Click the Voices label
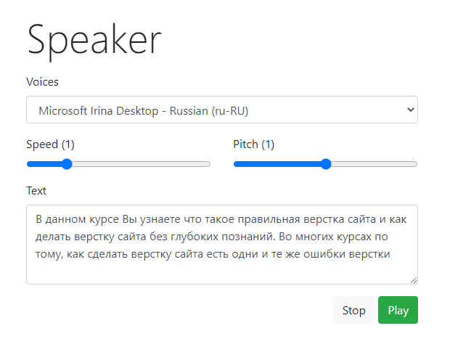point(42,81)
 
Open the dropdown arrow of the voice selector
point(410,110)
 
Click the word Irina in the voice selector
point(105,110)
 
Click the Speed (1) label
point(50,144)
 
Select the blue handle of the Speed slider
point(67,164)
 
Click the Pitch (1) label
point(253,144)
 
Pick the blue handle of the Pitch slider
point(326,164)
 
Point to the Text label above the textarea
point(36,190)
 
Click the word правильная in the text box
point(239,218)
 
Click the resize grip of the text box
point(414,279)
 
